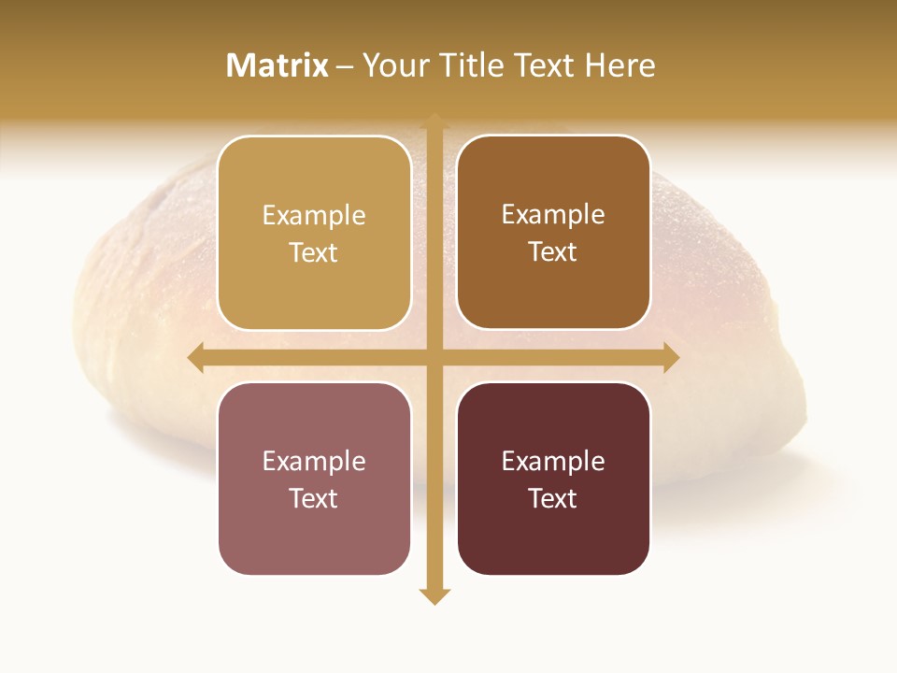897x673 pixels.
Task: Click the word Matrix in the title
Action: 278,65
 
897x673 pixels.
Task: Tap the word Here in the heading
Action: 619,65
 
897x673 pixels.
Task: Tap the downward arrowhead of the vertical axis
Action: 434,595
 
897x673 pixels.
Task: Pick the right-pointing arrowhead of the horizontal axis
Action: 671,358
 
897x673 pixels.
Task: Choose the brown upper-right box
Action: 553,290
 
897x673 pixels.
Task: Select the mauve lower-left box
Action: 314,537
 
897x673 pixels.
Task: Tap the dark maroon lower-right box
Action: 553,537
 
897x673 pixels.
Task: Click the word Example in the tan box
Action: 314,216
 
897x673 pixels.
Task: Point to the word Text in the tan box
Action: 314,252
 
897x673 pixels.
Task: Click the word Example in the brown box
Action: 553,215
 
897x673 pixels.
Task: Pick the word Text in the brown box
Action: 553,251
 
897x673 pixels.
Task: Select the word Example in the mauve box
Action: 314,462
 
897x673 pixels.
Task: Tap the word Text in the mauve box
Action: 314,498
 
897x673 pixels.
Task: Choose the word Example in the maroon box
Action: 553,462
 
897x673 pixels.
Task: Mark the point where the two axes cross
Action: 434,358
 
